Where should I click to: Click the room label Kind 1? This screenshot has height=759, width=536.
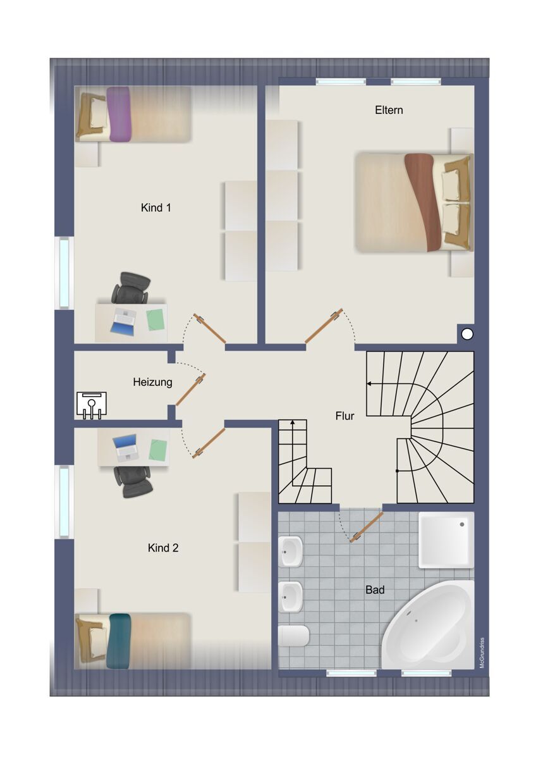coord(155,207)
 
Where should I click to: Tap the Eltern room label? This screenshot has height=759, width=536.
coord(389,110)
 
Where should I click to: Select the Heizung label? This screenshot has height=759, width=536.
coord(153,382)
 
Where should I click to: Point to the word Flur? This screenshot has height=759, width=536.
coord(344,416)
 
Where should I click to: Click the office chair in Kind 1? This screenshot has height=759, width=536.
coord(131,288)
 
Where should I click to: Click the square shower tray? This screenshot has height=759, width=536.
coord(446,540)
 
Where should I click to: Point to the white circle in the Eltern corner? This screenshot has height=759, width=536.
coord(467,334)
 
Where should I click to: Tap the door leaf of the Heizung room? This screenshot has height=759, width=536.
coord(191,390)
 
